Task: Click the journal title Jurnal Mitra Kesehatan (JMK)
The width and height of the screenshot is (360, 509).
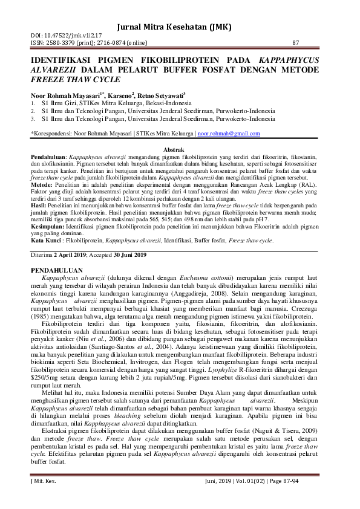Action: pos(180,28)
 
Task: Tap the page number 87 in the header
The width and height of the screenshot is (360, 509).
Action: pos(295,43)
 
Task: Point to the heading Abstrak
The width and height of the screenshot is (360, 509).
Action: pos(180,149)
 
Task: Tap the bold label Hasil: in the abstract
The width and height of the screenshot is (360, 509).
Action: pos(39,206)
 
